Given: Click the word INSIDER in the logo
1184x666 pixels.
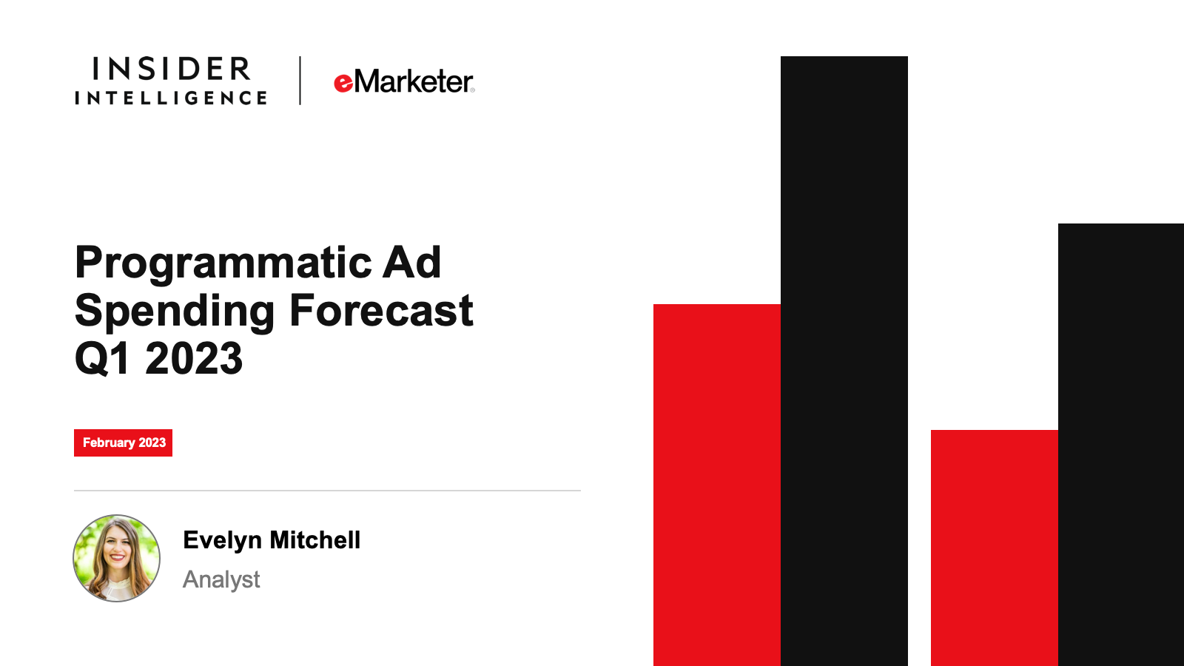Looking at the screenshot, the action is (171, 69).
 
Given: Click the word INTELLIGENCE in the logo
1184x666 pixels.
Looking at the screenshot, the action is (171, 98).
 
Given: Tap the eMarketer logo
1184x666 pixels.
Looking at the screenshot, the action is (404, 81).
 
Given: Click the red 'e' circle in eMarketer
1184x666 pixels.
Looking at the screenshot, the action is (343, 84).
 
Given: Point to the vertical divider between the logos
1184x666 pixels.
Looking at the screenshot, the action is (300, 81).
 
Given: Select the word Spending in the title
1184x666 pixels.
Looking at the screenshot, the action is (175, 312).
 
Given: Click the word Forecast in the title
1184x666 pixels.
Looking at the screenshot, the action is (381, 310).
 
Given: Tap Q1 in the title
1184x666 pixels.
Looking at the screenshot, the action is (103, 359).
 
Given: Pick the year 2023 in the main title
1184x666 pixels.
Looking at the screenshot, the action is (193, 358).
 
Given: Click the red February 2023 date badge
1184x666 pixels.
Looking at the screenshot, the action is (123, 443).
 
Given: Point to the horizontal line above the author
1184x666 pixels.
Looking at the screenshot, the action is (327, 491).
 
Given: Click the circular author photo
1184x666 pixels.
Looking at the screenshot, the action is (116, 558).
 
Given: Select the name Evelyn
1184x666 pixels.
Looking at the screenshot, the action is (223, 541).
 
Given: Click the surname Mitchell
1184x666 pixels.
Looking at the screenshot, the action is (315, 540).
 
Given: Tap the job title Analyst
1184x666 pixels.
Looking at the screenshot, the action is (221, 580).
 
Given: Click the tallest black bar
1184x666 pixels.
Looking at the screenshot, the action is (844, 361).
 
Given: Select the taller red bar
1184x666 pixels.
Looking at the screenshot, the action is (717, 485).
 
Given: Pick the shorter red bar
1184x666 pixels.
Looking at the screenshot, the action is (995, 548).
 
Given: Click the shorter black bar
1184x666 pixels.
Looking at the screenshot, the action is (1121, 445).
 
